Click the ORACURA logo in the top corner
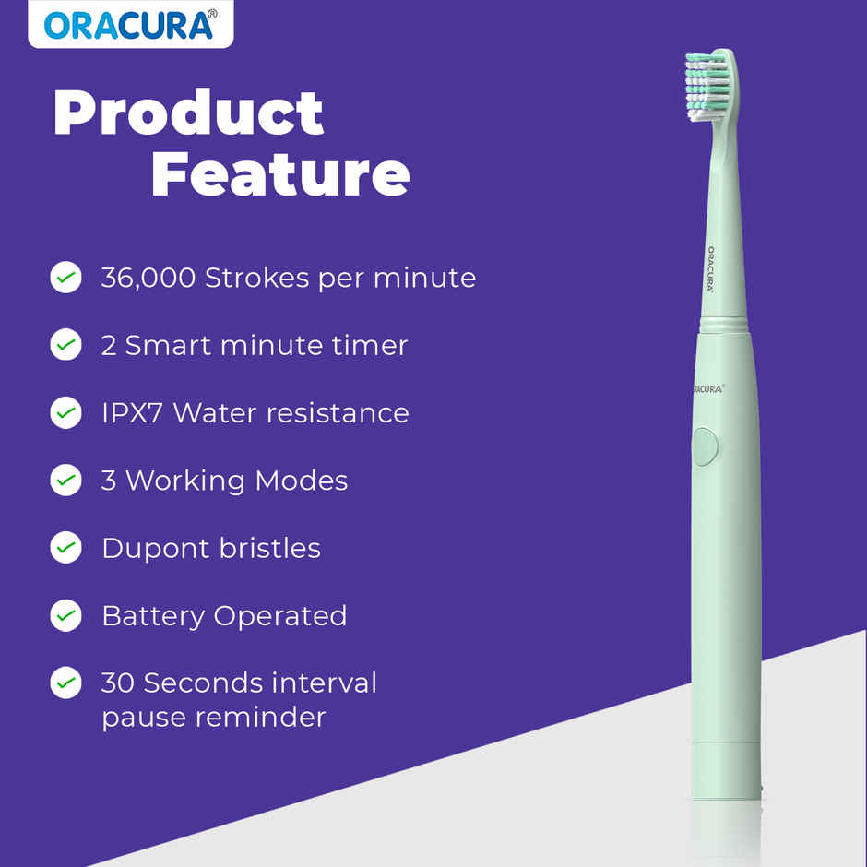[x=130, y=25]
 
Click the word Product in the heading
[x=188, y=113]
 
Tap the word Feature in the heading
[x=279, y=174]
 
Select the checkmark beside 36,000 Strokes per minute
[x=65, y=277]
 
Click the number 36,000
[x=148, y=278]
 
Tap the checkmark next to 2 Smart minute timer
[x=65, y=345]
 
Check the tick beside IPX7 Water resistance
[x=65, y=412]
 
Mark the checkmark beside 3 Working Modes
[x=65, y=480]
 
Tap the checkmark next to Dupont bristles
[x=65, y=548]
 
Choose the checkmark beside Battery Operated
[x=65, y=615]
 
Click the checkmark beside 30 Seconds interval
[x=65, y=683]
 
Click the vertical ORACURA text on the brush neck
[x=711, y=268]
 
